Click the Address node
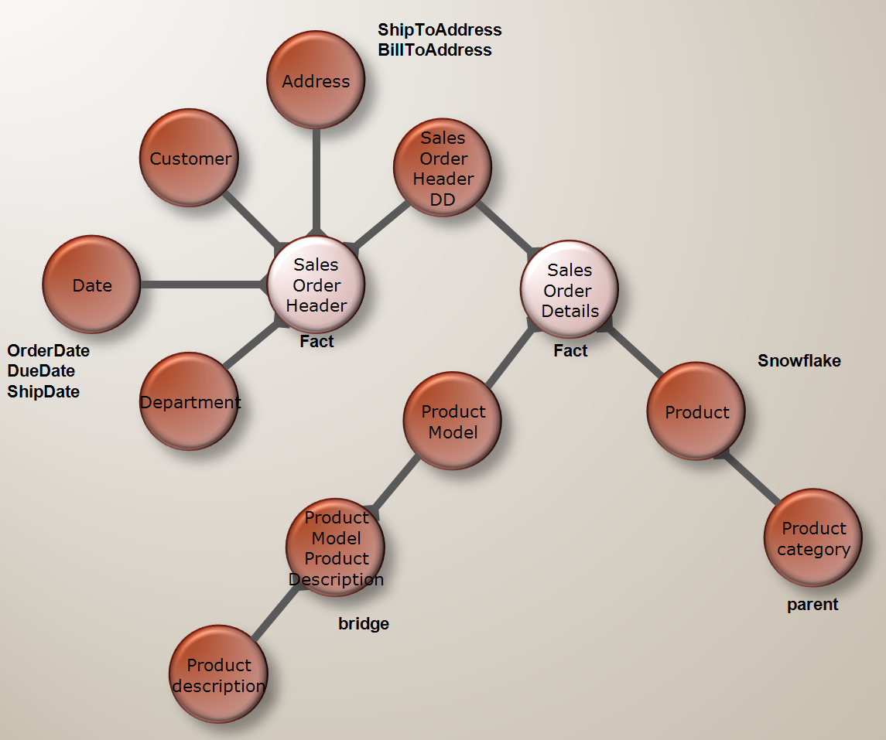(x=316, y=80)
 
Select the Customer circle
(x=190, y=158)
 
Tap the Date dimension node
(x=91, y=284)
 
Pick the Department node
(x=190, y=401)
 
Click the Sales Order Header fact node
(x=316, y=284)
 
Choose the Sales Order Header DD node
(x=443, y=167)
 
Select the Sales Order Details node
(x=569, y=289)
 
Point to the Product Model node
(x=453, y=421)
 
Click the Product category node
(x=813, y=537)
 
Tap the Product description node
(x=219, y=674)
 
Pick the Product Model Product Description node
(x=336, y=547)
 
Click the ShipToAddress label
(x=440, y=30)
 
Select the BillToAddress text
(x=435, y=50)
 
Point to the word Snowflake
(x=799, y=360)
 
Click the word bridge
(x=364, y=624)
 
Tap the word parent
(x=812, y=605)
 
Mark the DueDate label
(x=41, y=371)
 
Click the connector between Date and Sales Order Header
(x=204, y=285)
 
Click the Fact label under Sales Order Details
(x=570, y=350)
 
